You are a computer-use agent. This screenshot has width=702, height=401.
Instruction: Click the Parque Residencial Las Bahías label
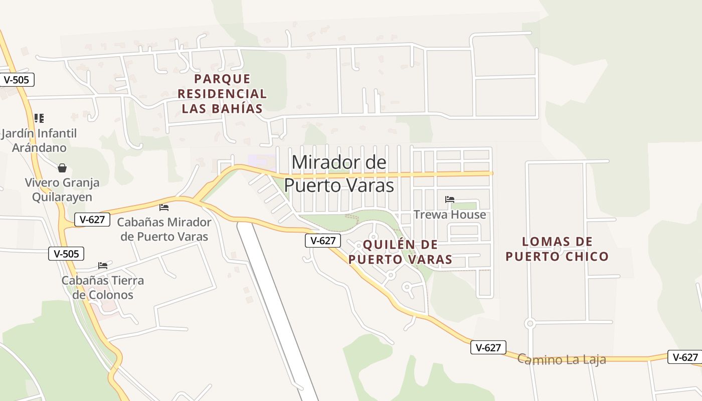222,94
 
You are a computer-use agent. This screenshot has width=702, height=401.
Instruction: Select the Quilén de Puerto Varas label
400,252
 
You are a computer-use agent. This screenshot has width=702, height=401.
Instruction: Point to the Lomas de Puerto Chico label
557,249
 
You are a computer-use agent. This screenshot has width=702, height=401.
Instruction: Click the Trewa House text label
450,215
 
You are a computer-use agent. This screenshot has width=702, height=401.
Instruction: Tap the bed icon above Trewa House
450,199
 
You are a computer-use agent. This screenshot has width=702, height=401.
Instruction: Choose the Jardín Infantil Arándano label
39,140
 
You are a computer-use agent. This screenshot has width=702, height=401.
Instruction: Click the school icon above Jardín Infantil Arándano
39,118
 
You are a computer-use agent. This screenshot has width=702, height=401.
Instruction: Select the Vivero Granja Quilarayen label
62,189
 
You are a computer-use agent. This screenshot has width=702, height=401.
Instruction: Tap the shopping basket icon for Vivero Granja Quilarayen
62,167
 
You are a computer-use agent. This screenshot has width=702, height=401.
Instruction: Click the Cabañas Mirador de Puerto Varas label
164,229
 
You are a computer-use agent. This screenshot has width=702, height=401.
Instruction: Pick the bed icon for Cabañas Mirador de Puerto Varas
164,207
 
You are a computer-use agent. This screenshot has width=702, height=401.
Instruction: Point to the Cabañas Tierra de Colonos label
103,287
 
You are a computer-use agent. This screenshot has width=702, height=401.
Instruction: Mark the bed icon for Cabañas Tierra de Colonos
103,265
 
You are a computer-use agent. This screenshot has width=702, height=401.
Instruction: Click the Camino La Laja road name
562,359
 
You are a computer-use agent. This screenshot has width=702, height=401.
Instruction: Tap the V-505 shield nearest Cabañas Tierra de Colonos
66,254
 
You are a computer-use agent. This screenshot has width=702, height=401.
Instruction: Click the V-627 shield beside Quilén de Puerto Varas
323,241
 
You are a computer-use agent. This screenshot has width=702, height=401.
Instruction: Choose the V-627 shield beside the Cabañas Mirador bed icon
92,219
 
